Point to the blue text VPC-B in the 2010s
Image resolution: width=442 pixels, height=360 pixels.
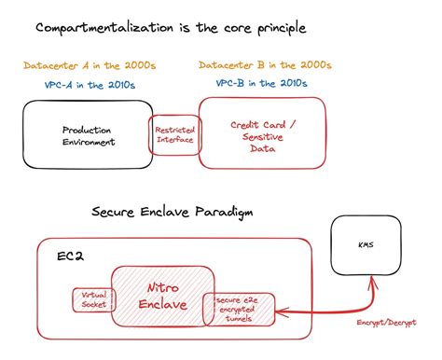coord(263,85)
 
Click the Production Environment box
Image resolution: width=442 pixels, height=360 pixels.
coord(89,135)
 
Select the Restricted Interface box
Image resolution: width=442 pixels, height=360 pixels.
coord(175,135)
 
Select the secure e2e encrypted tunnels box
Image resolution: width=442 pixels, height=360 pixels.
coord(239,309)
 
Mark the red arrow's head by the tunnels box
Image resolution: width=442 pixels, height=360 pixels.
coord(279,314)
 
